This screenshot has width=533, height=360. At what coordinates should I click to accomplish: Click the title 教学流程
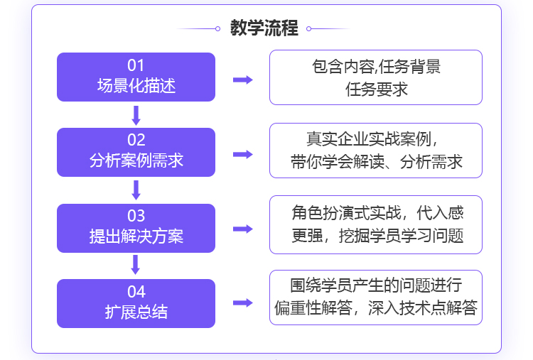[264, 28]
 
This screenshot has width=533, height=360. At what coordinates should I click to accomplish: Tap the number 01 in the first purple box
[136, 65]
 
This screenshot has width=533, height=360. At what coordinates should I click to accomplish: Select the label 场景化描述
[136, 85]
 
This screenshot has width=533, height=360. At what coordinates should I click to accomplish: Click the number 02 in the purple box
[136, 140]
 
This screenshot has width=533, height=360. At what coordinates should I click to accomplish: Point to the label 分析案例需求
[136, 160]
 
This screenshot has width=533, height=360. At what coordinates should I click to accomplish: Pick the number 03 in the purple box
[136, 216]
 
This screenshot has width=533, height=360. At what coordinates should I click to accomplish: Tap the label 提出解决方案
[136, 236]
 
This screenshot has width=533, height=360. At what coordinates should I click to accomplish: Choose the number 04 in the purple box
[136, 291]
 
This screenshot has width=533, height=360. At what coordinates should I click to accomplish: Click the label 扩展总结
[136, 312]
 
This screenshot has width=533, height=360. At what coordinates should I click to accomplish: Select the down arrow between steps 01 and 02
[136, 116]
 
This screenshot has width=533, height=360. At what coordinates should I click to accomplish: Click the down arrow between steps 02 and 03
[136, 190]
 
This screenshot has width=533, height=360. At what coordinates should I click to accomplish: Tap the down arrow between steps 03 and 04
[136, 265]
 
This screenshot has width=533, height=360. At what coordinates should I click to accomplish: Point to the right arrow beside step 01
[243, 80]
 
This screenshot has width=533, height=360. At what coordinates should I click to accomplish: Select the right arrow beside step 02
[243, 155]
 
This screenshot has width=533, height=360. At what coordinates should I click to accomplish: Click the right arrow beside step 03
[243, 229]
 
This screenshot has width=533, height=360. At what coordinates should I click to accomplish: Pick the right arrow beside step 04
[243, 302]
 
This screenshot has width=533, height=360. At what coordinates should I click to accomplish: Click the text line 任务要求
[376, 89]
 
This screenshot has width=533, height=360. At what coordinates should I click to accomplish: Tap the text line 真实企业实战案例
[369, 139]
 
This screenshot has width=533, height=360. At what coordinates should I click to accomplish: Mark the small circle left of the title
[217, 29]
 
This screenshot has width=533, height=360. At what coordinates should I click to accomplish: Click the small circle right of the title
[308, 29]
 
